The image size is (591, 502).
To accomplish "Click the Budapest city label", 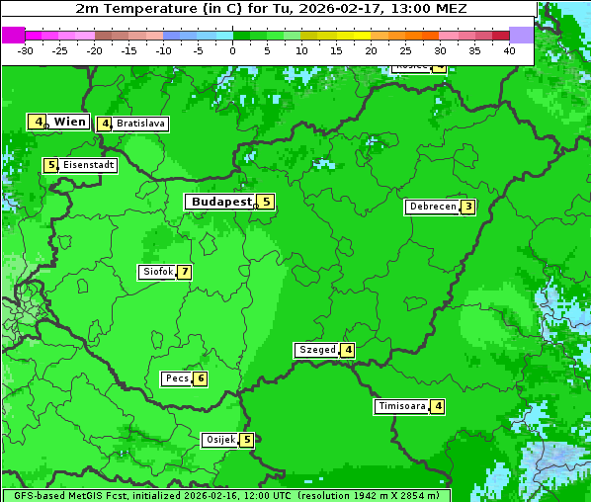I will (220, 202).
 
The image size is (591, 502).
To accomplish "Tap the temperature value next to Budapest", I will (265, 202).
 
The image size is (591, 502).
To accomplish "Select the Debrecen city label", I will (431, 208).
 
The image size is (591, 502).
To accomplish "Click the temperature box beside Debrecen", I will (467, 208).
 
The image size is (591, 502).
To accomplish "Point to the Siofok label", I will (156, 272).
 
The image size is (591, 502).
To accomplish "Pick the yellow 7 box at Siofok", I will (184, 272).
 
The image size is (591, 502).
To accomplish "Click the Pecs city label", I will (177, 378).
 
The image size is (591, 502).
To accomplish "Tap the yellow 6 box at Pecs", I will (200, 378).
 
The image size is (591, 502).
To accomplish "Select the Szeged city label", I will (316, 350).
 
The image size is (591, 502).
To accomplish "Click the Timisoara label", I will (401, 406).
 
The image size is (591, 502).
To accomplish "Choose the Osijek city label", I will (219, 440).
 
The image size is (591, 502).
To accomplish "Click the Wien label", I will (69, 122).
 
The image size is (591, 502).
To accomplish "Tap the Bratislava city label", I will (139, 125).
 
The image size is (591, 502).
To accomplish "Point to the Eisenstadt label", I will (88, 166).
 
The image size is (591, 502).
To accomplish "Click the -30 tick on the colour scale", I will (26, 50).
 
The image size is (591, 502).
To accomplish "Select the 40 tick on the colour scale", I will (509, 50).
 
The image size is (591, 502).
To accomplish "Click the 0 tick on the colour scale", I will (232, 50).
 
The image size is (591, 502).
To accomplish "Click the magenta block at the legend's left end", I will (13, 35).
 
